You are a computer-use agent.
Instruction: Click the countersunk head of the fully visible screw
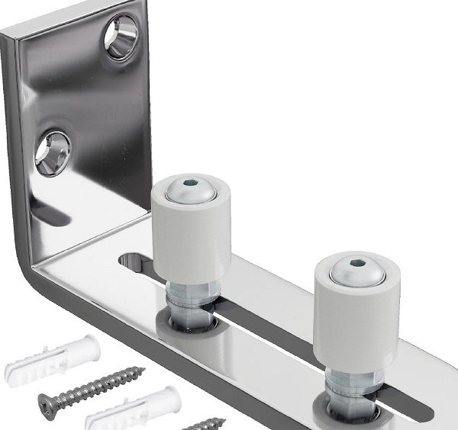[48, 401]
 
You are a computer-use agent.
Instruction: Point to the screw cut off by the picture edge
[206, 422]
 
